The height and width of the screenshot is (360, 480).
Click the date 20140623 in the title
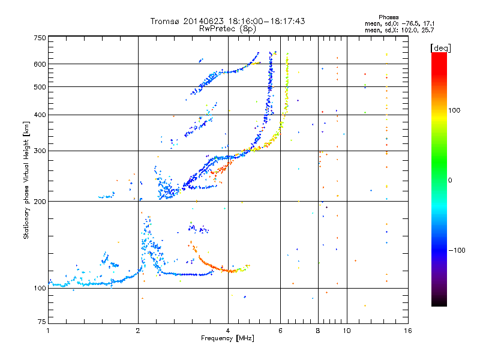203,21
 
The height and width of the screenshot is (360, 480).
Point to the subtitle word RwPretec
217,29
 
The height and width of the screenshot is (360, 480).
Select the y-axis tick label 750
40,38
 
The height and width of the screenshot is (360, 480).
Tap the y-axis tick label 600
40,64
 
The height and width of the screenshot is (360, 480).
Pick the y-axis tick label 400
40,115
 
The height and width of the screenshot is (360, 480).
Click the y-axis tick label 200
40,202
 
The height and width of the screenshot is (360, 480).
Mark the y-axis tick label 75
42,322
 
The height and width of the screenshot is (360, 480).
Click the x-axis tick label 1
48,331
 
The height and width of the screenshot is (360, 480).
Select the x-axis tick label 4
228,331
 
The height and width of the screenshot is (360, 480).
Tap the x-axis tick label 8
318,331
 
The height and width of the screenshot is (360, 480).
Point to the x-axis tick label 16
408,331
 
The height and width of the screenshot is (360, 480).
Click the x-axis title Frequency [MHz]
228,338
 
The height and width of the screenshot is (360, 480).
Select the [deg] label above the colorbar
440,48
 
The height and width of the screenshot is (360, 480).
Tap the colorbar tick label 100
454,110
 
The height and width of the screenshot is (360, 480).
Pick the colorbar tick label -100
457,250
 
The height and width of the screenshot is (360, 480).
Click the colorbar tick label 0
450,181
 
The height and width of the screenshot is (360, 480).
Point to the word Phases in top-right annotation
388,17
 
